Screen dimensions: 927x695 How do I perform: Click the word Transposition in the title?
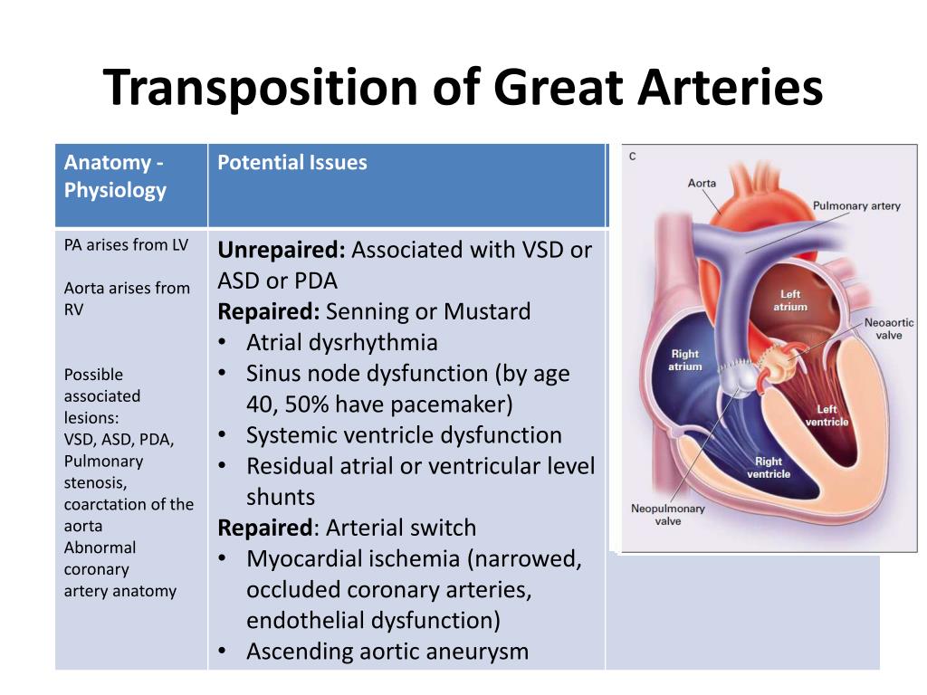(261, 88)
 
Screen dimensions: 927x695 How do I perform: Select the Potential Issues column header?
(292, 163)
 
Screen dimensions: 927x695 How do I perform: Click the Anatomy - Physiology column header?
(115, 176)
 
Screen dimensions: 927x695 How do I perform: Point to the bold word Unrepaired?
(282, 250)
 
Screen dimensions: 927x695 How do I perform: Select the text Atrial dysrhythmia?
(341, 343)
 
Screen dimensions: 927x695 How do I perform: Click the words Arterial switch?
(401, 528)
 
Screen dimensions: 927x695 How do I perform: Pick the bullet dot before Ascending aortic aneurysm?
(223, 652)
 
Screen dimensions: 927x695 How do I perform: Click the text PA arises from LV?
(126, 244)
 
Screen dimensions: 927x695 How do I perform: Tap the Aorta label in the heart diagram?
(702, 183)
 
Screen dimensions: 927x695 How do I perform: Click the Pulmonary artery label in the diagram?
(856, 206)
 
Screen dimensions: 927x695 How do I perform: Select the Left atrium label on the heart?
(790, 300)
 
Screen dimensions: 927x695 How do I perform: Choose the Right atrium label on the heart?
(685, 360)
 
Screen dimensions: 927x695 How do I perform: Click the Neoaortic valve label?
(889, 329)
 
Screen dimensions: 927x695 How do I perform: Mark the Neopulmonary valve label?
(667, 515)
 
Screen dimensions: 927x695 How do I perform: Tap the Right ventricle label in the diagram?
(769, 468)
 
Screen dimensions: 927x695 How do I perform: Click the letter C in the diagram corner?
(633, 157)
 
